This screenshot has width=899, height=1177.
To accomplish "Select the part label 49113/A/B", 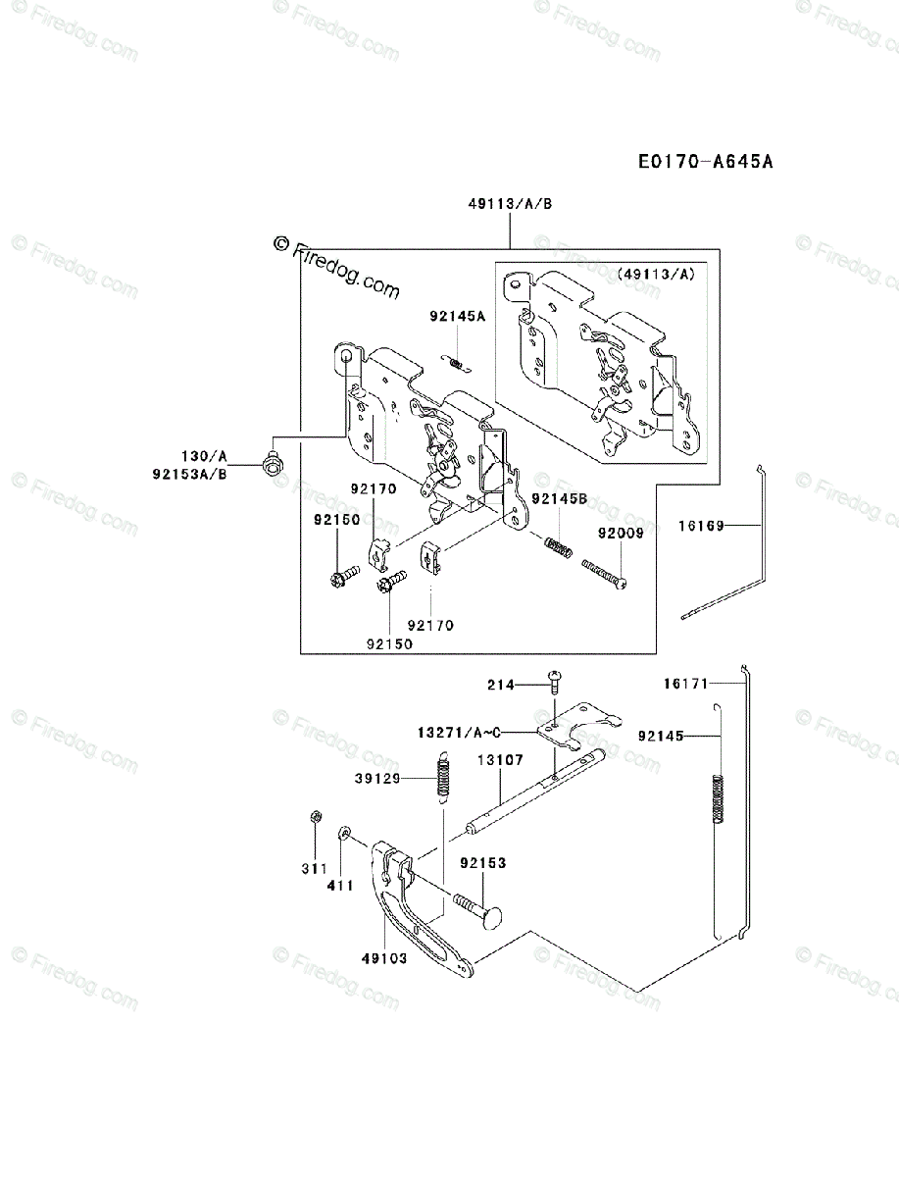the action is (510, 203).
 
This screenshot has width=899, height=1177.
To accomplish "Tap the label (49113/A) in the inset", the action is (656, 275).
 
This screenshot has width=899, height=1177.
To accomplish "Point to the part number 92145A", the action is (457, 317).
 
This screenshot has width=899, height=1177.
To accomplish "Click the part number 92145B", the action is (559, 499).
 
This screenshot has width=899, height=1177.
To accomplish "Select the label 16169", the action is (700, 526).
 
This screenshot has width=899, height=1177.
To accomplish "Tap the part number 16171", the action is (685, 683).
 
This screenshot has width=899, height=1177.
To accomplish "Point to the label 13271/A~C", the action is (460, 732).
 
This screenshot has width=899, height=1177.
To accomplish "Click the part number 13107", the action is (501, 759).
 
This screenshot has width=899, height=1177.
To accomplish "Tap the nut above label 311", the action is (315, 817).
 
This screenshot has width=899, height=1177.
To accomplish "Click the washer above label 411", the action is (344, 834).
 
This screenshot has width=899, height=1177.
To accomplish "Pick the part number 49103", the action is (384, 958).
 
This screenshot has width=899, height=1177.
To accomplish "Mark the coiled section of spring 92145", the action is (721, 797).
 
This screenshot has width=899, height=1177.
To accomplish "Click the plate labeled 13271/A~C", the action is (578, 724).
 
